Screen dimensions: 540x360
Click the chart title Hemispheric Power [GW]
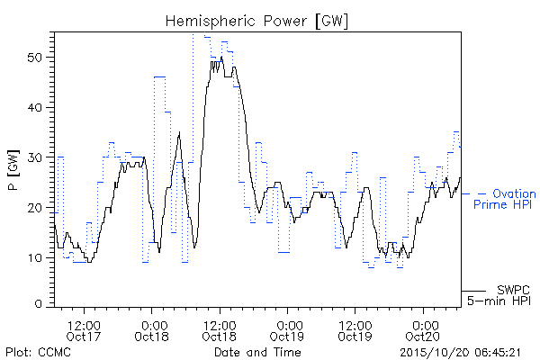256,22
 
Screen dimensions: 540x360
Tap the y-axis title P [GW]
13,170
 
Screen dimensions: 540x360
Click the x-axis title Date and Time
257,352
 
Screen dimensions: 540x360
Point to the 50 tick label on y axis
35,58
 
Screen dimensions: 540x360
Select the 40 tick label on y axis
35,107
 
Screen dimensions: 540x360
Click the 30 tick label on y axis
35,157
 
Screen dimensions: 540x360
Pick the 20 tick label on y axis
35,208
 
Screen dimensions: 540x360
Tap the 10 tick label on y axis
35,257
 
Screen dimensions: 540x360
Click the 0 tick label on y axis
39,304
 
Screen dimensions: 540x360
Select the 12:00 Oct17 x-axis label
84,331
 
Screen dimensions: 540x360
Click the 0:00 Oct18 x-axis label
151,331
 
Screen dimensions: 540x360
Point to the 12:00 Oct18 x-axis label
220,331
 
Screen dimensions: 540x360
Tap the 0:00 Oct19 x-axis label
287,331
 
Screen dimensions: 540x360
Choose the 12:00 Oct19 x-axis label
355,331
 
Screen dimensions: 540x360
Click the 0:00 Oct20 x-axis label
423,331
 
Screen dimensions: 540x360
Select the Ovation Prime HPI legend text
505,199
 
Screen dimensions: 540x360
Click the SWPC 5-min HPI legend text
499,295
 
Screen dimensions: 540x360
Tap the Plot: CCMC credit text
38,353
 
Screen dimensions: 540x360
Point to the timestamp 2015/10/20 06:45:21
461,353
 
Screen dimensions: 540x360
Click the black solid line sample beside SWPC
473,291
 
